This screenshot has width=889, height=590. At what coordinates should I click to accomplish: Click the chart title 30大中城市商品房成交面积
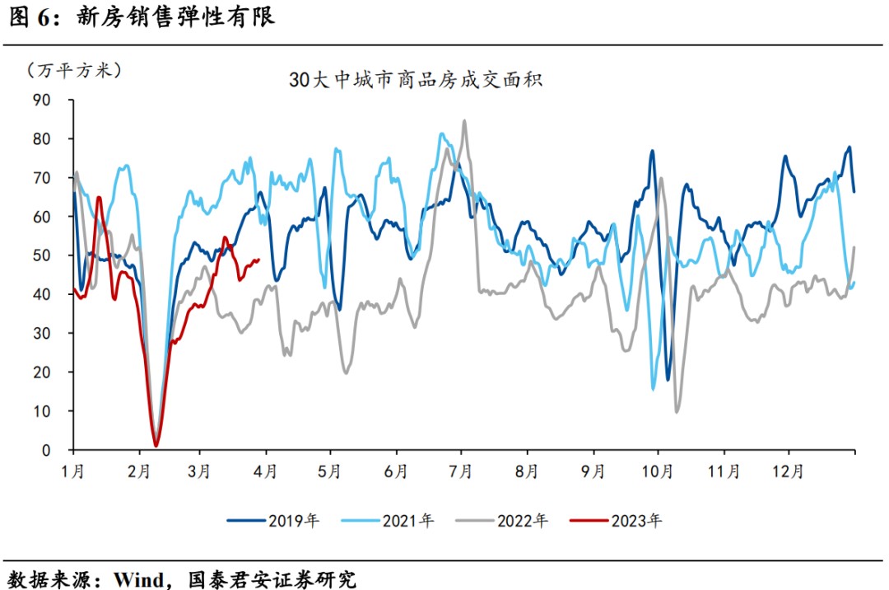point(415,81)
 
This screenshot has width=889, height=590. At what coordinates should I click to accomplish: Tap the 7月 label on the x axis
point(461,472)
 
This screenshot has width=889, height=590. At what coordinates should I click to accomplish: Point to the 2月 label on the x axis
point(139,472)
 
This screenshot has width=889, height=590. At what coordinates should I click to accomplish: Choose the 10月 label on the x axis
point(658,472)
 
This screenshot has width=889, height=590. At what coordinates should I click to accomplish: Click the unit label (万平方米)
point(73,71)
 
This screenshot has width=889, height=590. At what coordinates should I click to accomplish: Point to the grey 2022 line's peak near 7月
point(464,121)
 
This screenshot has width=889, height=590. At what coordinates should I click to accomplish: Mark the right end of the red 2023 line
point(259,260)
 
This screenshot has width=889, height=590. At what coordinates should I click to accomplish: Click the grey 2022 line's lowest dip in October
point(677,411)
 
